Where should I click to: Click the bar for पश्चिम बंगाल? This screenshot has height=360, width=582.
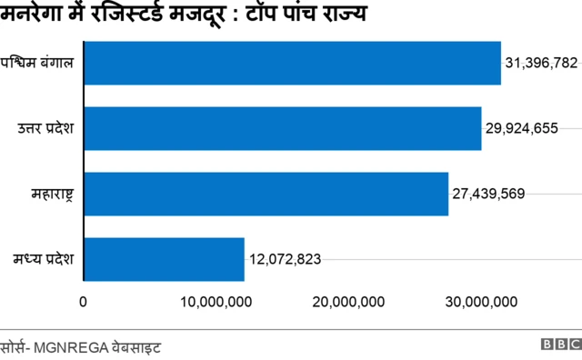(x=293, y=63)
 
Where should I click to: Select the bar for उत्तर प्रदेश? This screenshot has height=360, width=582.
(x=283, y=128)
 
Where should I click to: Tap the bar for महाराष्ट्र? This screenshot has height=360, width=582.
(x=266, y=194)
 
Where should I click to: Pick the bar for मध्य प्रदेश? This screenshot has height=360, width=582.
(x=165, y=259)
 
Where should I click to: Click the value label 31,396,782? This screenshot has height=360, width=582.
(x=541, y=63)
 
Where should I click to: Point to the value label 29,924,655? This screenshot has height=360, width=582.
(x=522, y=128)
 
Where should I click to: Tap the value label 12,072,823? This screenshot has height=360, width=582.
(x=285, y=259)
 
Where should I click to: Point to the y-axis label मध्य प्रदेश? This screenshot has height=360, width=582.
(x=45, y=259)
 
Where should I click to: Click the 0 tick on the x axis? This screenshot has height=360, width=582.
(x=84, y=302)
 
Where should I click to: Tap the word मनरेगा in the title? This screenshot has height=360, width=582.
(x=34, y=15)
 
